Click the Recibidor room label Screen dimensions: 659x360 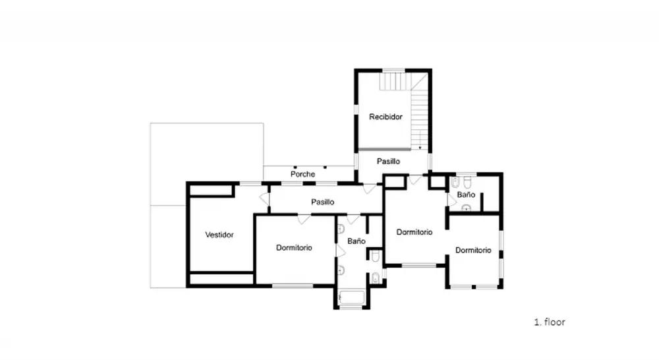(386, 117)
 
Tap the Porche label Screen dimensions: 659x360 (302, 174)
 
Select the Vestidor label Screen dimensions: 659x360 (219, 235)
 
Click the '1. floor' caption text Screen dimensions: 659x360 (550, 322)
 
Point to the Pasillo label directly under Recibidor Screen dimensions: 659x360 (388, 162)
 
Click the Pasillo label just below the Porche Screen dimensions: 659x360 (323, 202)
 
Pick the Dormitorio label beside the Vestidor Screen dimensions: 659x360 (294, 248)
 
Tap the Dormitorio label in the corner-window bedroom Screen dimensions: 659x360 (473, 251)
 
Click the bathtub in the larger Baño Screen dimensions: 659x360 (352, 297)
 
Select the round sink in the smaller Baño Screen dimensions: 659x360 (466, 207)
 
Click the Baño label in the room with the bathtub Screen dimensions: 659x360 (357, 241)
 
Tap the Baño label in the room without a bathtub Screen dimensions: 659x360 (466, 195)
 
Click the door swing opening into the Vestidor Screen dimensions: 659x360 (265, 199)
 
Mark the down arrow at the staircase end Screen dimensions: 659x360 (420, 148)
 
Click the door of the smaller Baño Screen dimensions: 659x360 (451, 200)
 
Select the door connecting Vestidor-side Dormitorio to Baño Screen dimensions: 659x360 (340, 251)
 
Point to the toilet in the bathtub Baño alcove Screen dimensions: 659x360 (376, 256)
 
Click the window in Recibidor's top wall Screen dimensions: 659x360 (393, 71)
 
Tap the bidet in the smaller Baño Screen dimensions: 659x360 (455, 183)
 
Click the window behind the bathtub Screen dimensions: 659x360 (351, 307)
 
